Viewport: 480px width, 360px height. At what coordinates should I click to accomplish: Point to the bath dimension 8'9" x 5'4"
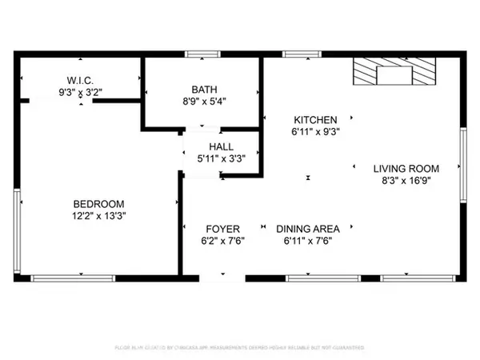[x=200, y=102]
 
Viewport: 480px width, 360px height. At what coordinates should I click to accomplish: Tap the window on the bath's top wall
[x=202, y=54]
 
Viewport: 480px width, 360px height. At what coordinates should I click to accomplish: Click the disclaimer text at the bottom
[x=239, y=349]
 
